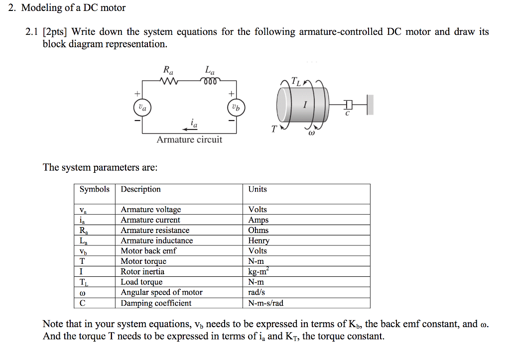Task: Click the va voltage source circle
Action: (142, 107)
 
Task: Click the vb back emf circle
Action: (236, 107)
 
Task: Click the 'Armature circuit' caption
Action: (189, 140)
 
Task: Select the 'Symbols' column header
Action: (95, 189)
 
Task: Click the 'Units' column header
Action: (257, 189)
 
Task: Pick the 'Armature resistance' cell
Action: (155, 231)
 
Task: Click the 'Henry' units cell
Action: (259, 241)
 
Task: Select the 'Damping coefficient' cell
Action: (156, 303)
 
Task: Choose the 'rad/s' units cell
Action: (256, 293)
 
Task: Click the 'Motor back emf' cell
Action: (148, 251)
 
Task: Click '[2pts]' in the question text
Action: (55, 32)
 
